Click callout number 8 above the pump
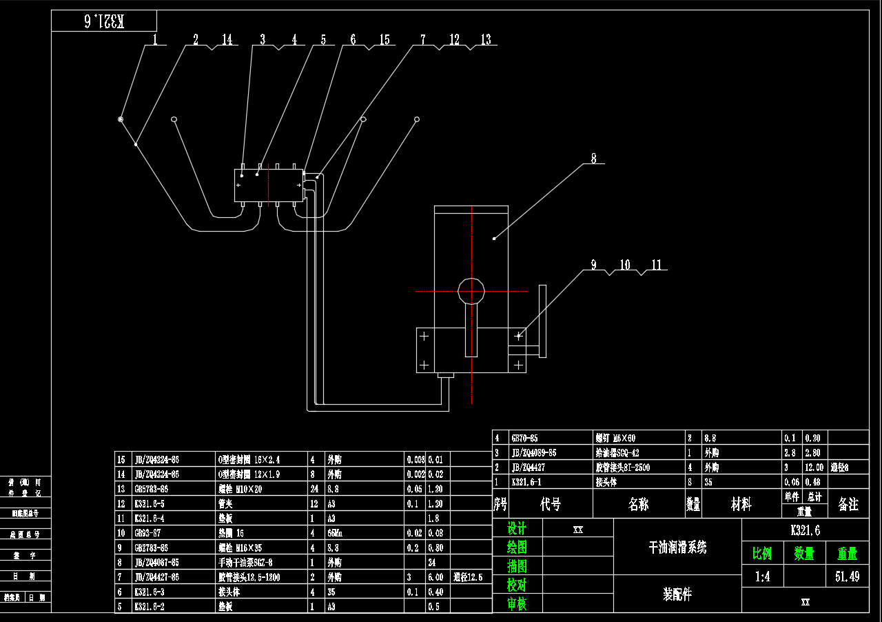(593, 158)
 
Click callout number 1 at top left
(156, 40)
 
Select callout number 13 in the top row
(486, 40)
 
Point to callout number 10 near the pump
(624, 265)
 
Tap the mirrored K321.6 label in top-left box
(103, 21)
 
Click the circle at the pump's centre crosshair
(471, 291)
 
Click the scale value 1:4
(762, 576)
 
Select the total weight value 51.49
(847, 576)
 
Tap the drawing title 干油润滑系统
(677, 548)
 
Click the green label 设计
(517, 529)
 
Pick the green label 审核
(517, 604)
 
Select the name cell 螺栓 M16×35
(238, 548)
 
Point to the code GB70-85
(524, 438)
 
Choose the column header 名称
(638, 504)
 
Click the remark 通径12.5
(468, 577)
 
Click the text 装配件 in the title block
(677, 594)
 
